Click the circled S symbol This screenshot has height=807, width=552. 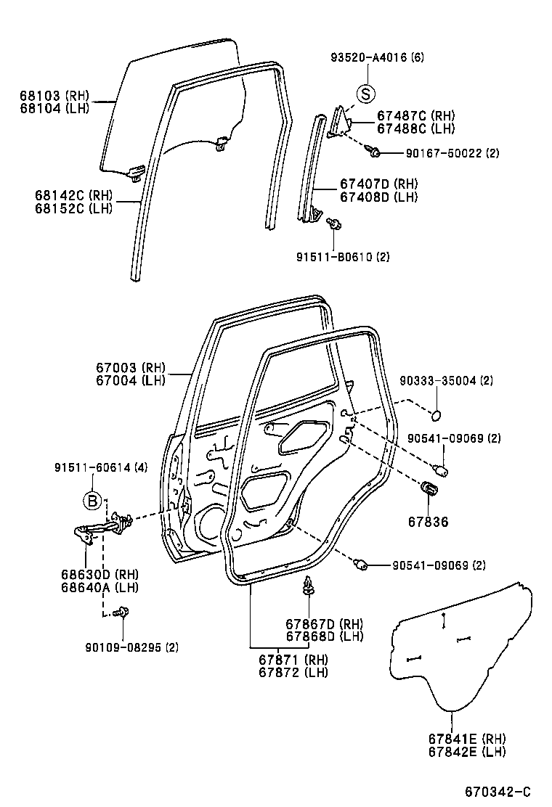tap(368, 94)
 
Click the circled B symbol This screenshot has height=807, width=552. tap(92, 500)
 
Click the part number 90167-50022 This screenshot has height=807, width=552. tap(442, 154)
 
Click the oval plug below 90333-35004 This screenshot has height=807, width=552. tap(437, 415)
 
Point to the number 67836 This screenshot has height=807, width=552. tap(429, 522)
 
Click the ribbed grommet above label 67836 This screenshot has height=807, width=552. tap(429, 488)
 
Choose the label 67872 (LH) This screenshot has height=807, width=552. tap(293, 673)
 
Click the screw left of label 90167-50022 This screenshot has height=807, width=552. tap(375, 152)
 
